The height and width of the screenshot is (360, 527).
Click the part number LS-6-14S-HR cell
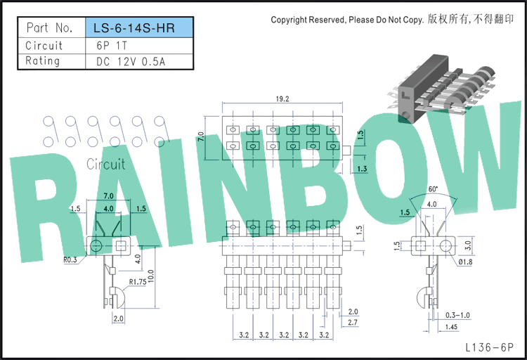tap(140, 27)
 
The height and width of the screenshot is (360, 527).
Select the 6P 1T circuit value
tap(112, 46)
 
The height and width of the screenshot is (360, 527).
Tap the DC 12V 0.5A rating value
tap(131, 62)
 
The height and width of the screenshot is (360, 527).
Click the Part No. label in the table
tap(49, 27)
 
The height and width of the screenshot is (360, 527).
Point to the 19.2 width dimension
tap(282, 99)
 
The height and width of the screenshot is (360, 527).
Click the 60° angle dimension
tap(433, 189)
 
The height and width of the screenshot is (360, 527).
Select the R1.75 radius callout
tap(138, 282)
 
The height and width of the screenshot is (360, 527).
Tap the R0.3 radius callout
tap(70, 259)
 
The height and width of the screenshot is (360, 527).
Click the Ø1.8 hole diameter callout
tap(465, 262)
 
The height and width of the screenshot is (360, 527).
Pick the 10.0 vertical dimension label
tap(150, 276)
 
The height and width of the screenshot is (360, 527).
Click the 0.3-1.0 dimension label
tap(457, 315)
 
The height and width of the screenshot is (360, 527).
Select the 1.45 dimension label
tap(451, 327)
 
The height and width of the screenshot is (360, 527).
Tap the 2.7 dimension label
tap(353, 322)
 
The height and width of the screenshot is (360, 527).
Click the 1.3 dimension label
tap(362, 169)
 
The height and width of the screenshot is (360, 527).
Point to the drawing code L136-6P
tap(490, 347)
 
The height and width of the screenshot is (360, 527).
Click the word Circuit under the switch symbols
tap(106, 165)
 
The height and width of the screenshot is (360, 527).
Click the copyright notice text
tap(392, 20)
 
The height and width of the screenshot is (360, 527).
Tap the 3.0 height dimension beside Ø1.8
tap(467, 245)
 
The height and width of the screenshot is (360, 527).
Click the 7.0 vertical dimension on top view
tap(201, 136)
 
